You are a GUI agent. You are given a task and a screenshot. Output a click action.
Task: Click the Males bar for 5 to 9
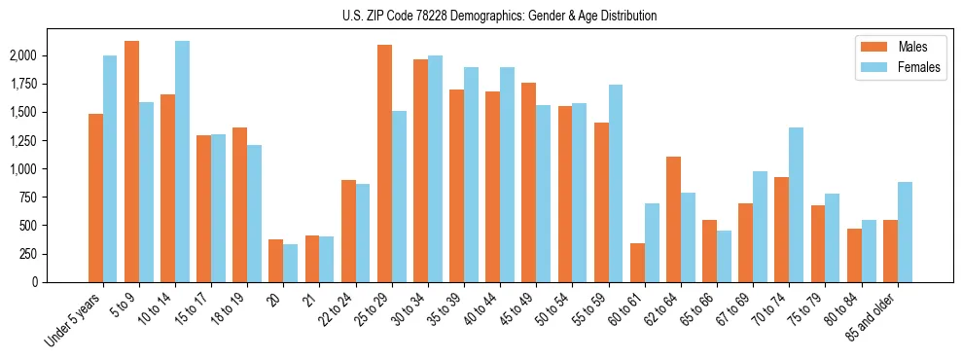click(131, 162)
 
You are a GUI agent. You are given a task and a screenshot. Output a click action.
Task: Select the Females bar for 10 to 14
click(182, 162)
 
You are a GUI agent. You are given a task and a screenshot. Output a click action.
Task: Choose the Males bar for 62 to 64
click(673, 219)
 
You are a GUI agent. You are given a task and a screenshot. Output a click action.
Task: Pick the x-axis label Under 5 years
click(75, 321)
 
